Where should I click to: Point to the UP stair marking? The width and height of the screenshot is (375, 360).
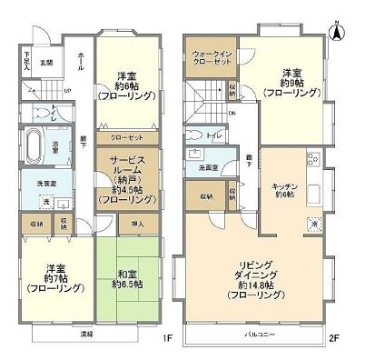coord(66,90)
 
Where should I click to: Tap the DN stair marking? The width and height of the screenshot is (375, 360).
coord(232,114)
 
